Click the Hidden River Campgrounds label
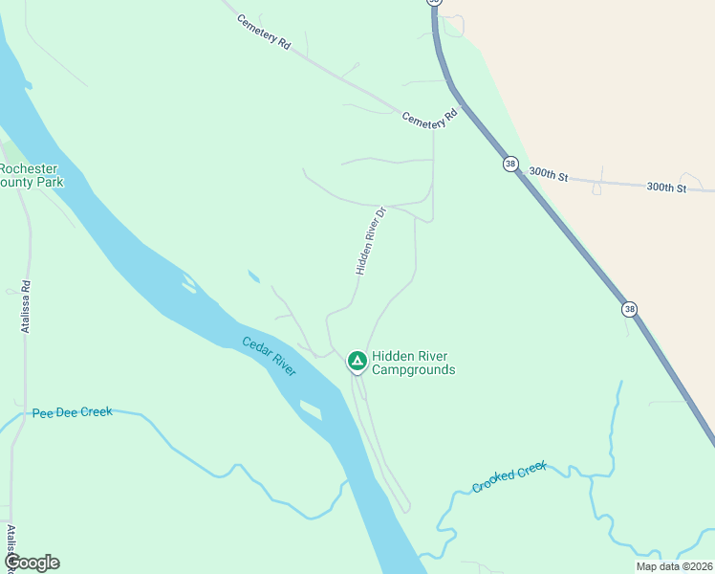coord(413,363)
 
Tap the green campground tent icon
coord(357,362)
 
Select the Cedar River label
coord(269,355)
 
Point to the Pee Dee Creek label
coord(72,412)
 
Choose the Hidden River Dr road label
coord(370,241)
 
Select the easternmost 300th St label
coord(666,188)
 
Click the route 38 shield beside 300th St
coord(511,164)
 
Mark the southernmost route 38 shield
coord(629,309)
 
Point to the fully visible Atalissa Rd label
coord(26,306)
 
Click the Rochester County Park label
coord(32,174)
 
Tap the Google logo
coord(32,563)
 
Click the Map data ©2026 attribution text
coord(673,566)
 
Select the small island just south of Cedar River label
coord(311,409)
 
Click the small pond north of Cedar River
coord(252,277)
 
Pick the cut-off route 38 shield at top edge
coord(435,3)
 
